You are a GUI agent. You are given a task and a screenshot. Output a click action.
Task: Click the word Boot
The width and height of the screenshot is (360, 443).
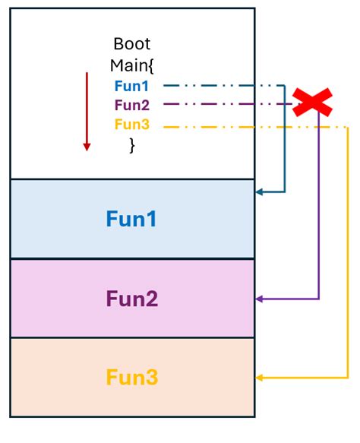(132, 43)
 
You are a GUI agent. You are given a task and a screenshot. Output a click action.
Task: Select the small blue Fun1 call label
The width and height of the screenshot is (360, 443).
(132, 85)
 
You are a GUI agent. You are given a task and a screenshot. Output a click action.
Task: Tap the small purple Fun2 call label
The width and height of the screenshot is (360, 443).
(132, 105)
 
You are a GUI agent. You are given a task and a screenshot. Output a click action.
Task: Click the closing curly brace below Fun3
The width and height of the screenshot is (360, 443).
(132, 145)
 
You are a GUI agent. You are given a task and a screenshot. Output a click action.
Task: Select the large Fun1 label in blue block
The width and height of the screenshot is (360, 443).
(131, 220)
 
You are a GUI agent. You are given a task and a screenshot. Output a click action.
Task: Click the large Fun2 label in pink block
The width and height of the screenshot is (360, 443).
(131, 299)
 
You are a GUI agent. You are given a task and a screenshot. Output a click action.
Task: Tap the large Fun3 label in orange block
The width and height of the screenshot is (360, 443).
(131, 378)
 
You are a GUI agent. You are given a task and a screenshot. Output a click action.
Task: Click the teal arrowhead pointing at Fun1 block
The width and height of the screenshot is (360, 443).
(260, 192)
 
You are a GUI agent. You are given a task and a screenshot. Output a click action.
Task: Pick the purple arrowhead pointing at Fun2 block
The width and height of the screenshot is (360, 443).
(260, 299)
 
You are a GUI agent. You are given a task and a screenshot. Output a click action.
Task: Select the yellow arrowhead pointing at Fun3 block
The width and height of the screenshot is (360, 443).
(260, 378)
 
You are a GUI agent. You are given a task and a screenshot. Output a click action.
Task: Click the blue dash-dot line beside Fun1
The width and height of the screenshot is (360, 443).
(220, 85)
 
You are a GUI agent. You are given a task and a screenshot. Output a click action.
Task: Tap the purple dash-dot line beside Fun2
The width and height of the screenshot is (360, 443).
(220, 105)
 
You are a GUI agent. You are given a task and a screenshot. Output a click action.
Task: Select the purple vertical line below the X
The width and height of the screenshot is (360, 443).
(319, 213)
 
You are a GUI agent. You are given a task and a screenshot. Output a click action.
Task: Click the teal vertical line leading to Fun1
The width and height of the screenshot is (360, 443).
(285, 144)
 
